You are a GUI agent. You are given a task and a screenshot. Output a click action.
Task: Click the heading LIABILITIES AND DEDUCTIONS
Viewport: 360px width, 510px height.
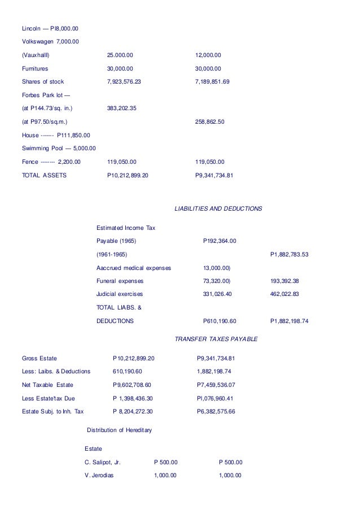click(x=219, y=208)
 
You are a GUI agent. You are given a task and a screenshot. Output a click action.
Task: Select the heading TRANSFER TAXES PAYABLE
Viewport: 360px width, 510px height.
click(x=216, y=339)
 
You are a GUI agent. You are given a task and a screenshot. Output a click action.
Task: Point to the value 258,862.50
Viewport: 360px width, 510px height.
click(x=210, y=121)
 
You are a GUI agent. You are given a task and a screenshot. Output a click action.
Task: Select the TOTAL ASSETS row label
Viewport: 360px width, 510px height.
click(x=44, y=175)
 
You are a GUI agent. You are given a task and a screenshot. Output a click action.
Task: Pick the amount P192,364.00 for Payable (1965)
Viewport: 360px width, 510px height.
click(x=219, y=241)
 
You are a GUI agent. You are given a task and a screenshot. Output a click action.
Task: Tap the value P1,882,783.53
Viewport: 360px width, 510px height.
click(x=289, y=254)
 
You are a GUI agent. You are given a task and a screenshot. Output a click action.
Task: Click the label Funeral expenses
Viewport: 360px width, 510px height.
click(x=120, y=281)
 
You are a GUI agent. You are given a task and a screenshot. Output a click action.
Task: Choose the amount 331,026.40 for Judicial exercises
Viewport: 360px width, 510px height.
click(x=218, y=294)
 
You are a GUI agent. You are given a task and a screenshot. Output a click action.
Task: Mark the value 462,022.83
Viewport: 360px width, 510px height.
click(x=286, y=294)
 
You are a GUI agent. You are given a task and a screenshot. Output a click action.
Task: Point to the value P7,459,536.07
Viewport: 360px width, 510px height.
click(x=216, y=385)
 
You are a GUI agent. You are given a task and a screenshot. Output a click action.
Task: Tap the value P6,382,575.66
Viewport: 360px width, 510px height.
click(x=216, y=411)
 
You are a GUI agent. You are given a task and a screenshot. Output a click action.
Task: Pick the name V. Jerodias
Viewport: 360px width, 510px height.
click(x=99, y=476)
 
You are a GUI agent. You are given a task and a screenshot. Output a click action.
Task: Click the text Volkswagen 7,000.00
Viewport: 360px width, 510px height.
click(x=50, y=41)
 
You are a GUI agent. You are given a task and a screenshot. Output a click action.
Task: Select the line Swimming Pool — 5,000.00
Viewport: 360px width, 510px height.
click(x=59, y=148)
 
